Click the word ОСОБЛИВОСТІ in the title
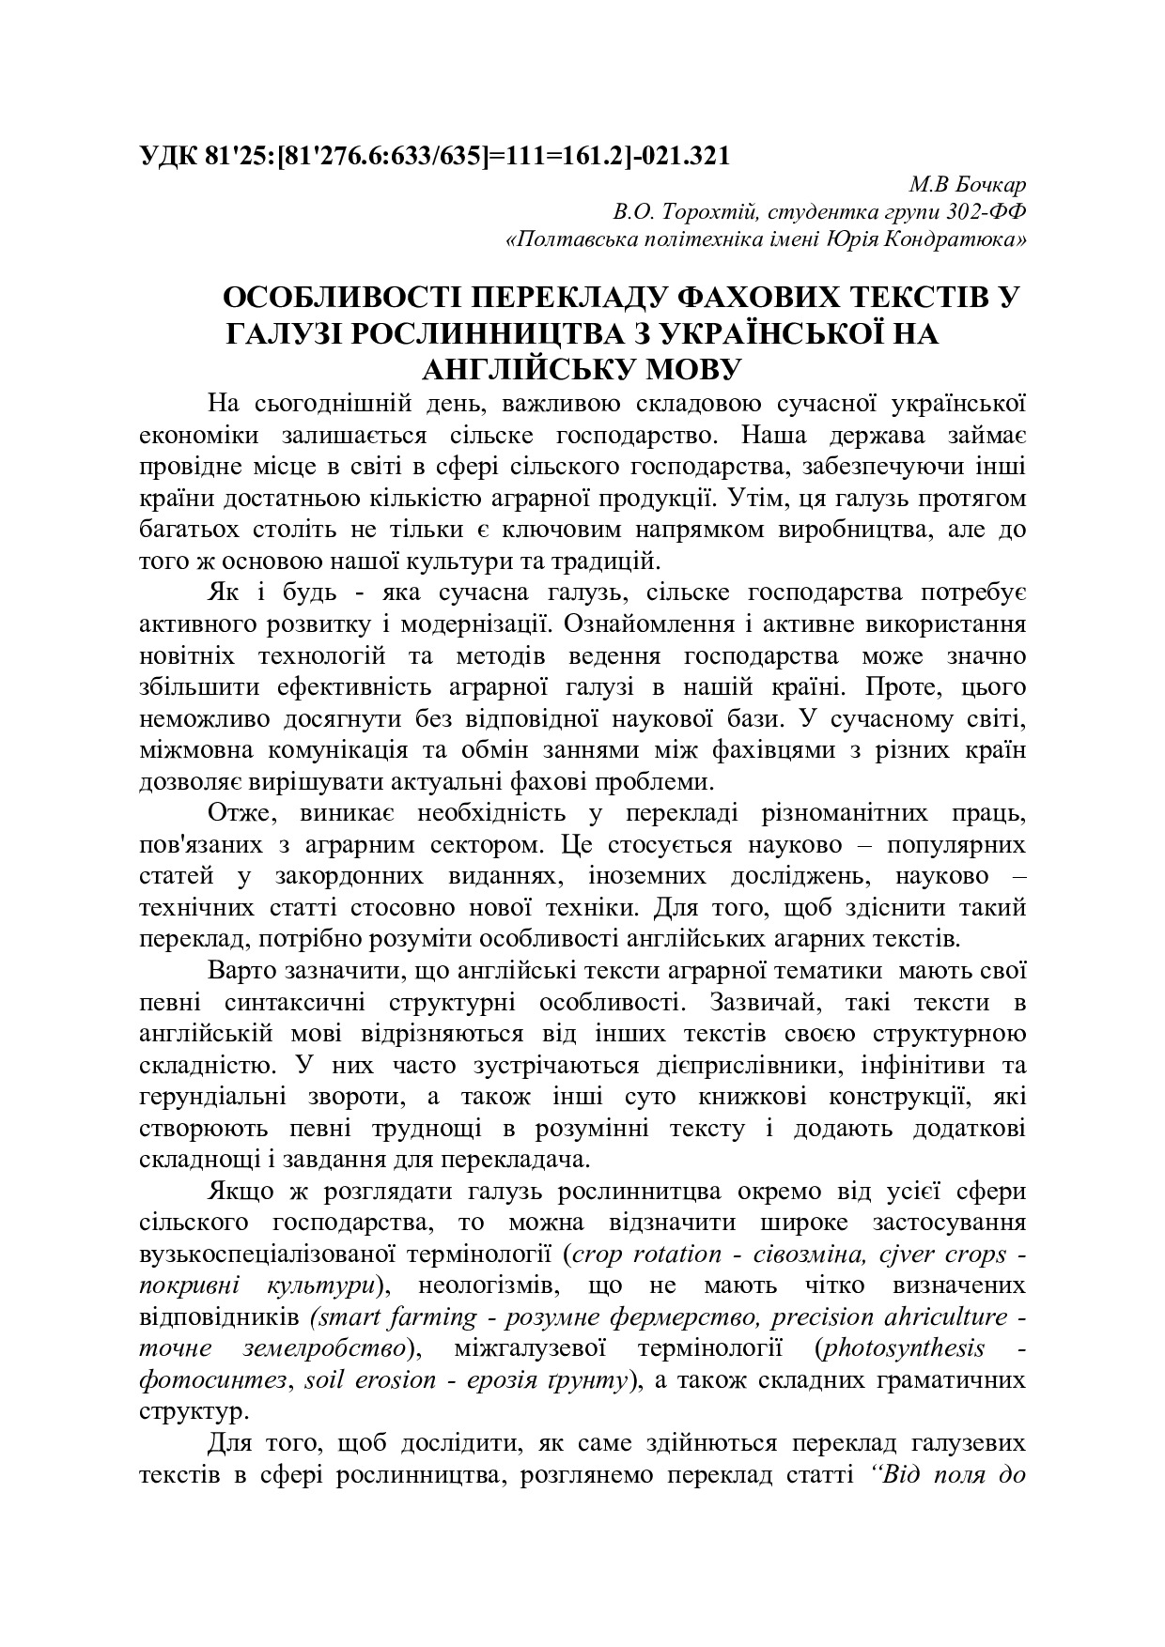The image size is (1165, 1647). [x=339, y=300]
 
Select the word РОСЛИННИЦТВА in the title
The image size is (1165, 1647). [x=498, y=333]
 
